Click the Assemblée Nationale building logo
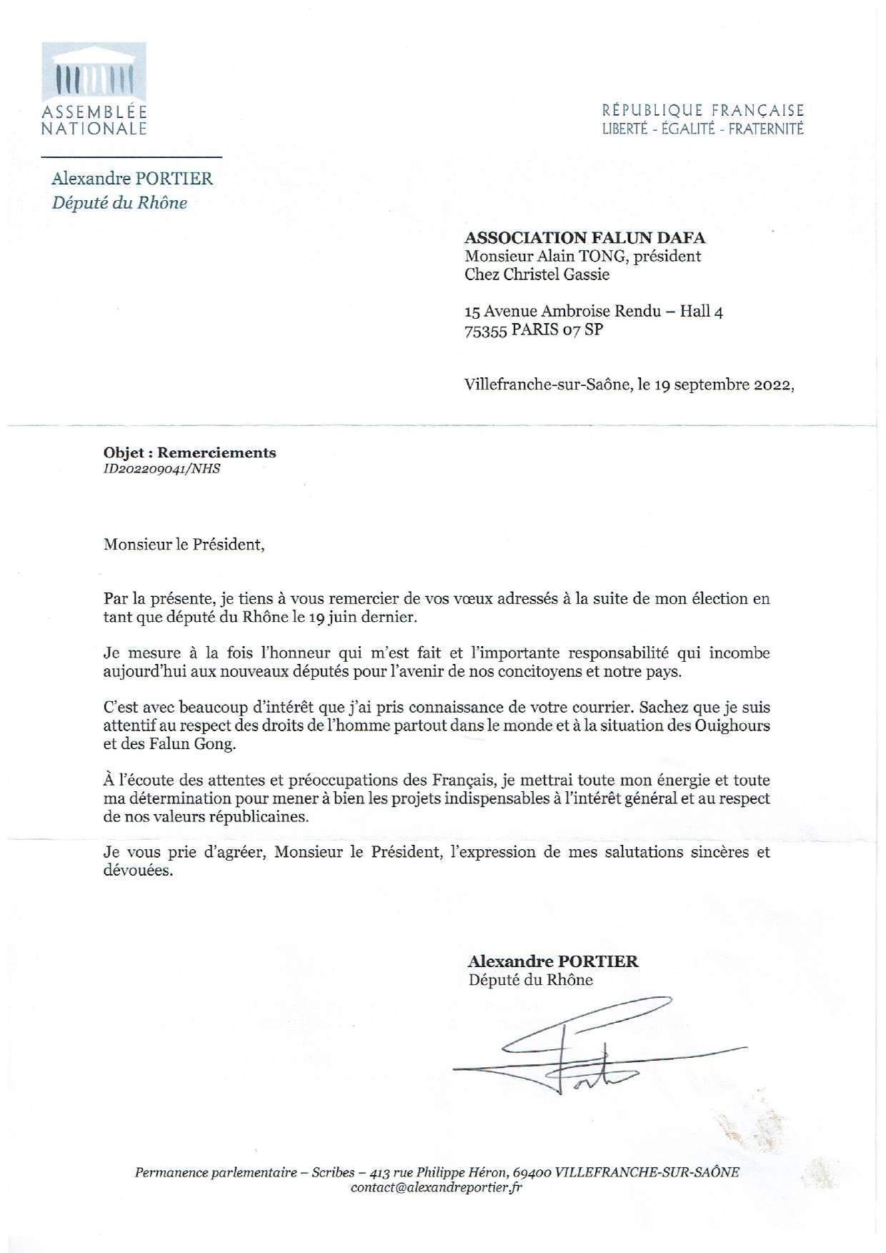[94, 72]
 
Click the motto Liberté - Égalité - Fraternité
[703, 129]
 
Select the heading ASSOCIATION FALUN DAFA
[585, 237]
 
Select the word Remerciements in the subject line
[216, 452]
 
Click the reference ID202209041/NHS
[162, 469]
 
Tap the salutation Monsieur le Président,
[184, 545]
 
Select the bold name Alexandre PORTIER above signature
[553, 961]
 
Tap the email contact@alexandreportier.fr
[437, 1188]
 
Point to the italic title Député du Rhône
[119, 203]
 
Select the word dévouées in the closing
[138, 871]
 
